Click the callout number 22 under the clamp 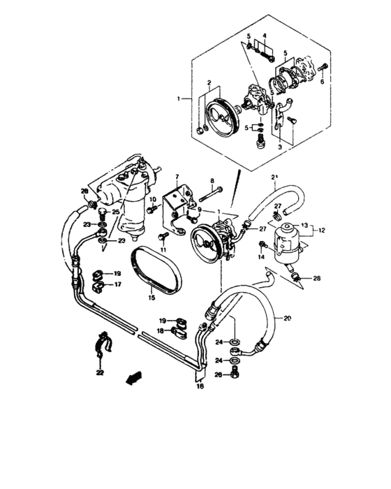click(101, 373)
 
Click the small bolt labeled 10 click(152, 209)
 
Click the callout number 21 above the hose click(274, 176)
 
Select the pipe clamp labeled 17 click(96, 284)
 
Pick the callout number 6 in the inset click(323, 81)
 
